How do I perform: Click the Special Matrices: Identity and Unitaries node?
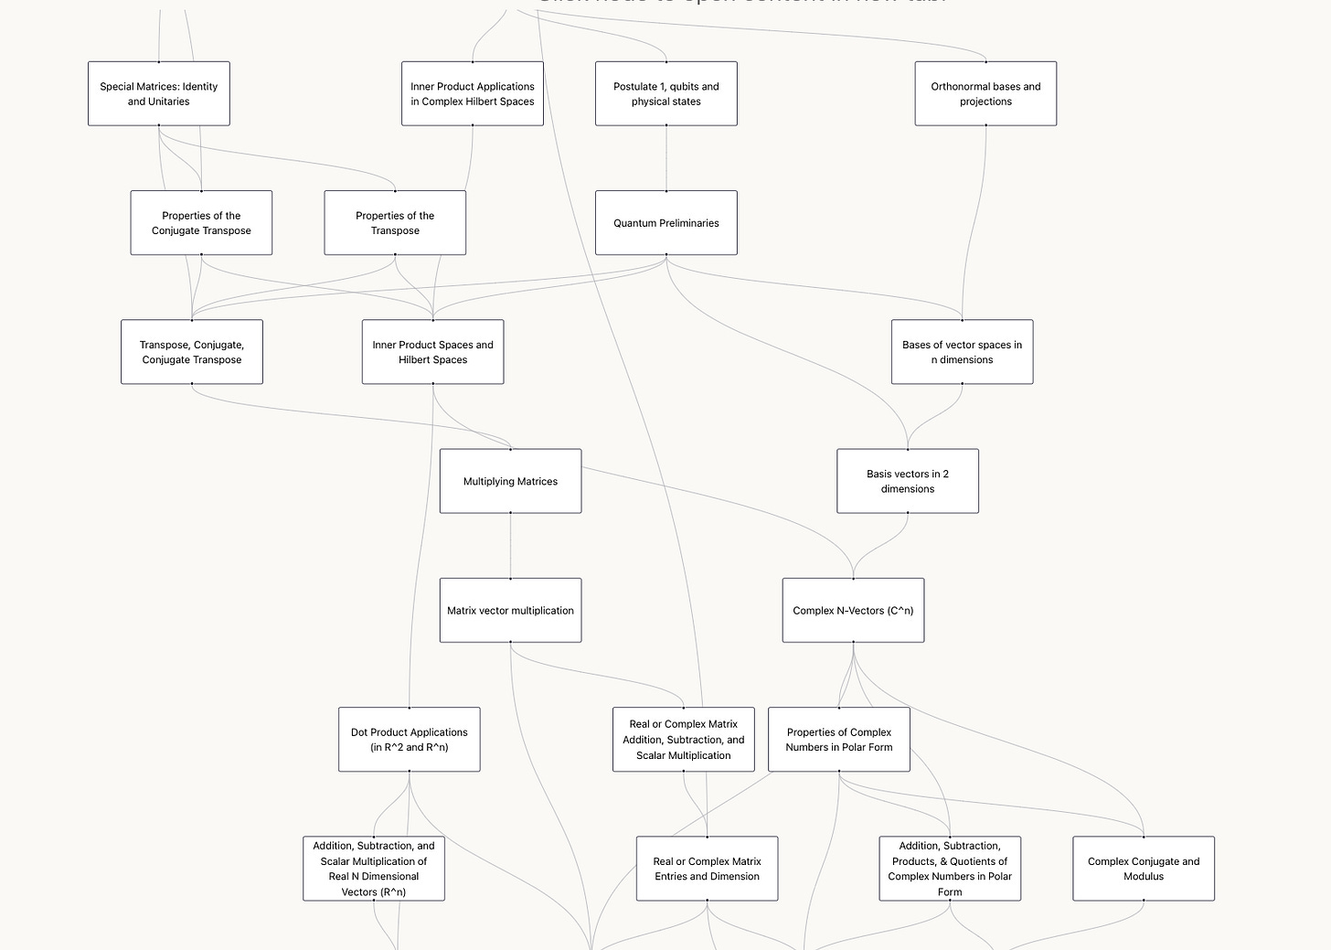pyautogui.click(x=159, y=94)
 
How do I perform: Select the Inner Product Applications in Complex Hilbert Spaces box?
pyautogui.click(x=473, y=94)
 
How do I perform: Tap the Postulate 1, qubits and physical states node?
pyautogui.click(x=666, y=94)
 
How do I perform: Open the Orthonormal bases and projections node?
pyautogui.click(x=985, y=94)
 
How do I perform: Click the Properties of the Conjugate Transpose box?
pyautogui.click(x=201, y=223)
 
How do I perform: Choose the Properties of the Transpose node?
pyautogui.click(x=395, y=223)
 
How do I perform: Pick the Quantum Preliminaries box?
pyautogui.click(x=666, y=223)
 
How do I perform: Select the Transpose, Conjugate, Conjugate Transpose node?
pyautogui.click(x=192, y=352)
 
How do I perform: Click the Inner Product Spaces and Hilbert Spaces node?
pyautogui.click(x=433, y=352)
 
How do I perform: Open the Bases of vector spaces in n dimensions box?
pyautogui.click(x=963, y=352)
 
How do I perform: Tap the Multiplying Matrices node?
pyautogui.click(x=510, y=481)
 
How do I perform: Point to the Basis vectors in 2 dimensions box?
pyautogui.click(x=908, y=481)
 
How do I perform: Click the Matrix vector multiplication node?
pyautogui.click(x=510, y=610)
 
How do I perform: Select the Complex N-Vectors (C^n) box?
pyautogui.click(x=853, y=610)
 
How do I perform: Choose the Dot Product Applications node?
pyautogui.click(x=410, y=740)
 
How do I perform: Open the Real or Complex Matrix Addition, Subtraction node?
pyautogui.click(x=684, y=740)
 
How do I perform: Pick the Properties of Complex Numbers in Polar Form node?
pyautogui.click(x=839, y=740)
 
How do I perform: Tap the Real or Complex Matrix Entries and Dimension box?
pyautogui.click(x=708, y=869)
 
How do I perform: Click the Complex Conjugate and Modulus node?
pyautogui.click(x=1144, y=869)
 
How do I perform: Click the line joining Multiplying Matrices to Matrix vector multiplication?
pyautogui.click(x=510, y=546)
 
